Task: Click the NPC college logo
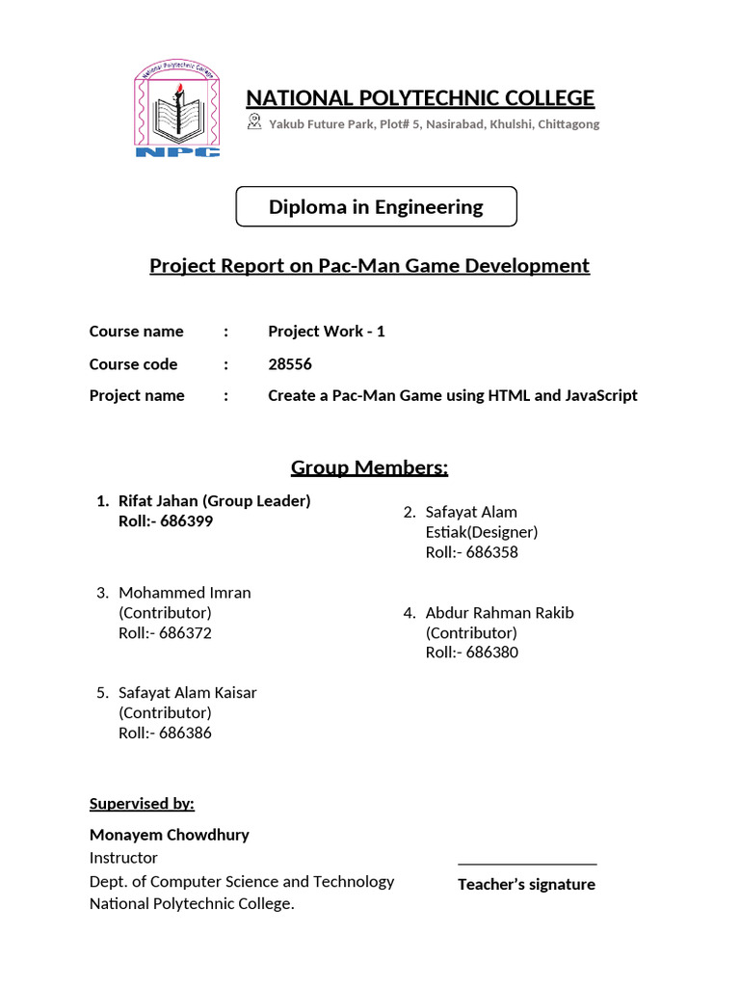tap(177, 111)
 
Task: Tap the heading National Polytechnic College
tap(420, 98)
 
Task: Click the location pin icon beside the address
tap(254, 121)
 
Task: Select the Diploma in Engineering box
tap(376, 206)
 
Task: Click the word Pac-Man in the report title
tap(353, 265)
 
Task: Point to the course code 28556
tap(290, 364)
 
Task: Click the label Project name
tap(137, 395)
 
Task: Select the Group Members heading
tap(370, 468)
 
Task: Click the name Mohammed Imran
tap(184, 593)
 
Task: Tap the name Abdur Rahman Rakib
tap(499, 613)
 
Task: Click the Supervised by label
tap(142, 804)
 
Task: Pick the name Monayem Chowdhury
tap(169, 835)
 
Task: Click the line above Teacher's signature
tap(527, 865)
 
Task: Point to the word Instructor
tap(123, 858)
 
